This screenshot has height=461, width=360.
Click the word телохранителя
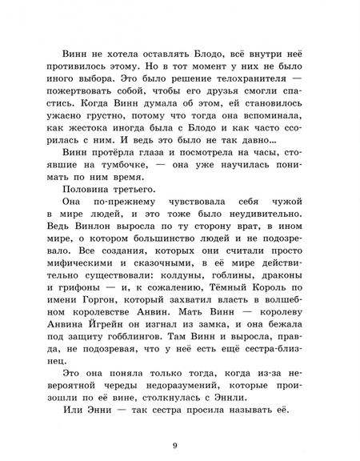click(x=241, y=84)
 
